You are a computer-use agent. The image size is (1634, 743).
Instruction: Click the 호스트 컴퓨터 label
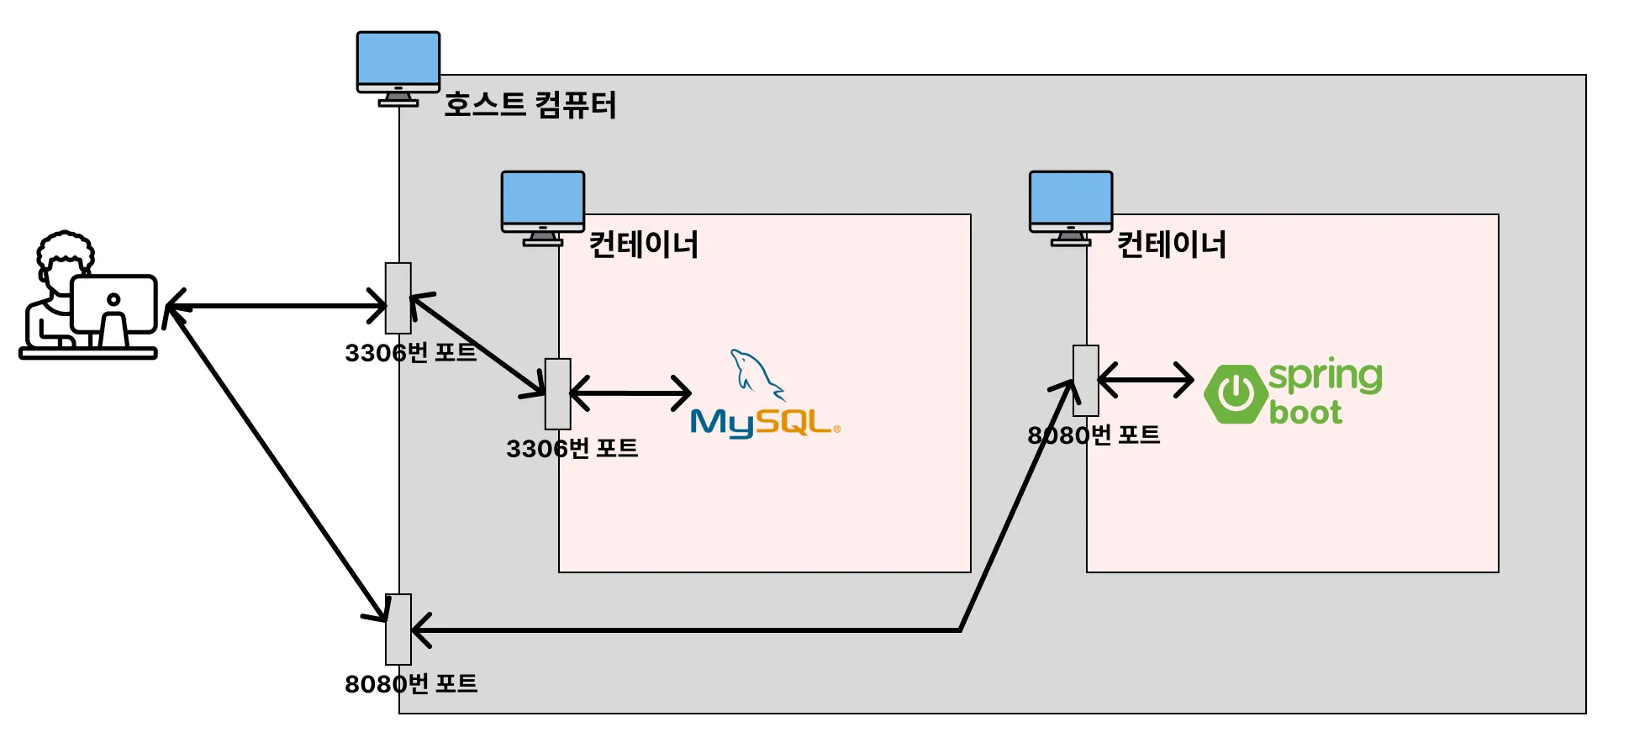tap(530, 105)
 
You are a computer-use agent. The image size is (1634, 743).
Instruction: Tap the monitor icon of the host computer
tap(398, 67)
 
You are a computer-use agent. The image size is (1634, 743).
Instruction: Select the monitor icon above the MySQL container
tap(542, 207)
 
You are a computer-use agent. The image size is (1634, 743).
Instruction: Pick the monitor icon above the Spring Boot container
tap(1070, 207)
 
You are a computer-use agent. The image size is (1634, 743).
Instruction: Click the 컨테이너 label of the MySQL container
tap(643, 245)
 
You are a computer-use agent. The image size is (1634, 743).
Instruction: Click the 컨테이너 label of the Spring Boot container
tap(1171, 245)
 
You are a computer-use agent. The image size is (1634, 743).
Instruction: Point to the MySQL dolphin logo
tap(756, 375)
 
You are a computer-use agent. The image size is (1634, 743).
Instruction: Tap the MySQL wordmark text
tap(763, 423)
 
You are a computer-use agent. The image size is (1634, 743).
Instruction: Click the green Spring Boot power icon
tap(1236, 393)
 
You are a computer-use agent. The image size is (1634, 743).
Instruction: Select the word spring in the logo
tap(1326, 376)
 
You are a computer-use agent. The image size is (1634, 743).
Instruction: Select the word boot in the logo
tap(1305, 413)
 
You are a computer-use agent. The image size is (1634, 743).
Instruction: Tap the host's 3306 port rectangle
tap(398, 298)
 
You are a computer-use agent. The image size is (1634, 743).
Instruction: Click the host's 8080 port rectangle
tap(398, 629)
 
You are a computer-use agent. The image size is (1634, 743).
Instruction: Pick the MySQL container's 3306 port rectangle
tap(557, 393)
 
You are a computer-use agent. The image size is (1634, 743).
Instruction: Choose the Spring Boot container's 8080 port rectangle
tap(1086, 380)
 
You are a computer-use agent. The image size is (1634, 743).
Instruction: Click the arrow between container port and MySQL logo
tap(630, 393)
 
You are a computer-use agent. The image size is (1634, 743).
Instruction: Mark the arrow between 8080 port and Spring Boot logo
tap(1146, 380)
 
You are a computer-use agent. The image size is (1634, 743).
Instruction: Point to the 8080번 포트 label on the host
tap(410, 683)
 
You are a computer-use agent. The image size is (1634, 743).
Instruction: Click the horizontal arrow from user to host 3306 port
tap(277, 306)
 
